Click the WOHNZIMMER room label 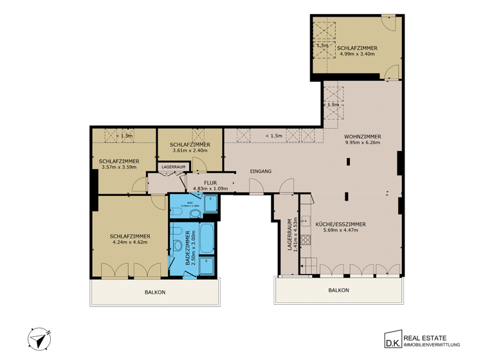[x=362, y=137]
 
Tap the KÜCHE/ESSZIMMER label [x=340, y=224]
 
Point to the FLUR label [x=210, y=183]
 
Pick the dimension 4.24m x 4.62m [x=130, y=242]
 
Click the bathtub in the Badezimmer [x=206, y=239]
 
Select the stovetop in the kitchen [x=307, y=239]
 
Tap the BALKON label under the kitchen [x=338, y=290]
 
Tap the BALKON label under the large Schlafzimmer [x=155, y=292]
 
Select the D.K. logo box [x=391, y=338]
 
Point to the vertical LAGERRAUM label [x=289, y=234]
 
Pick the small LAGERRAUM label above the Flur [x=174, y=166]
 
